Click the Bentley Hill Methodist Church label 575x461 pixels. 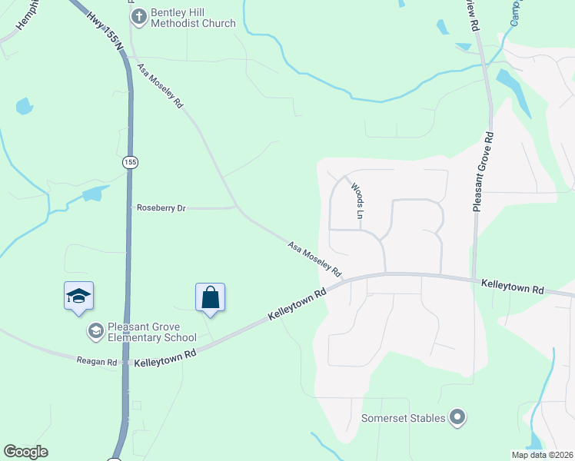193,18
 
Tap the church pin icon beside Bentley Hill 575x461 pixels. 138,17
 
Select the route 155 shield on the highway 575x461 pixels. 128,162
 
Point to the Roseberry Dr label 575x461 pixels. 161,208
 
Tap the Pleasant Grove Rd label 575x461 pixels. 482,171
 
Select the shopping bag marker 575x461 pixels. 210,297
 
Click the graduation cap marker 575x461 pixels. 78,297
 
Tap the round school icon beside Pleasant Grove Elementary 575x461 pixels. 95,331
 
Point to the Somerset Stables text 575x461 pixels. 404,418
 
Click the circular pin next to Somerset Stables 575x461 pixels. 457,418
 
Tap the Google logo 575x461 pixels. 25,452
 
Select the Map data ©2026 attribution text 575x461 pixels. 543,455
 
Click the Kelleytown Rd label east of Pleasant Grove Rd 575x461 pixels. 512,287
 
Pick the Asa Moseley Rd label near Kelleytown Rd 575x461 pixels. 314,259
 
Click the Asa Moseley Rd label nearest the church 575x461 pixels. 161,85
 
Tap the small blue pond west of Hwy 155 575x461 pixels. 24,106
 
